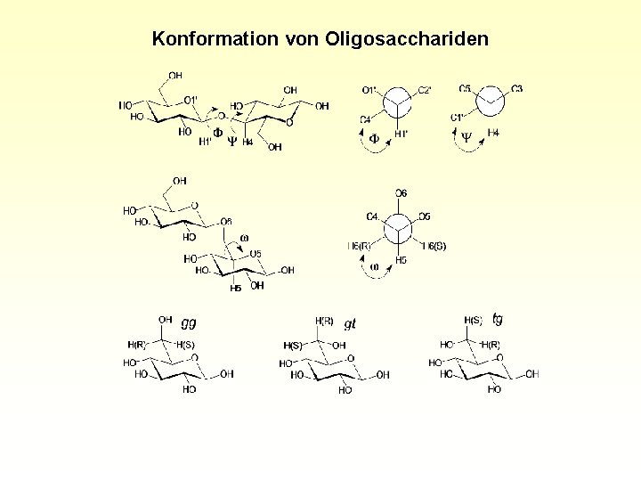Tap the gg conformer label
pyautogui.click(x=189, y=322)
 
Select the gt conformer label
pyautogui.click(x=350, y=324)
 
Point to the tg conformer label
pyautogui.click(x=498, y=318)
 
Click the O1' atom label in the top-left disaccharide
pyautogui.click(x=190, y=99)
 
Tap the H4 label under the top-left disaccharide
pyautogui.click(x=248, y=142)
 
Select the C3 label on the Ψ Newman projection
pyautogui.click(x=517, y=88)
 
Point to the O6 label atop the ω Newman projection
pyautogui.click(x=402, y=194)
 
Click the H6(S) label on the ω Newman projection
pyautogui.click(x=434, y=246)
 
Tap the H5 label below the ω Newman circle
pyautogui.click(x=402, y=260)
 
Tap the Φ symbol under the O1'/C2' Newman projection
pyautogui.click(x=374, y=138)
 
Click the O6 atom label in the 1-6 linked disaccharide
pyautogui.click(x=225, y=222)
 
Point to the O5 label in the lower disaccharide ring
pyautogui.click(x=255, y=254)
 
